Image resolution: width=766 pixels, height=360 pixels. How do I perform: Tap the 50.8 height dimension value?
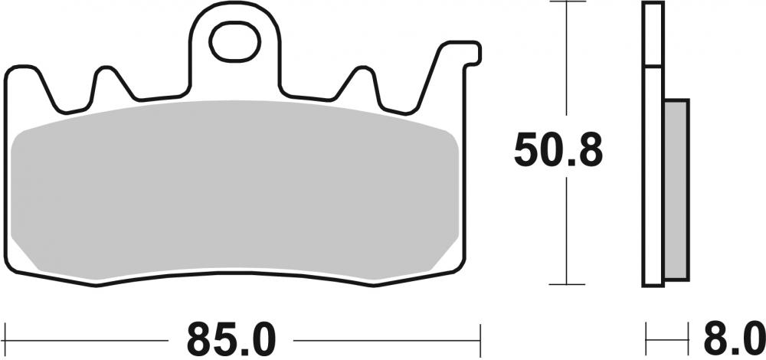(x=558, y=151)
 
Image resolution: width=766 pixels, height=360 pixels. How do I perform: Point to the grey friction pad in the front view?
(x=237, y=191)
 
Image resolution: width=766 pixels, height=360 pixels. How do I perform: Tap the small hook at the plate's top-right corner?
(x=474, y=54)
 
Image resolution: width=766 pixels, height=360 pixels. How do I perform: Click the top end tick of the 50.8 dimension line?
(x=565, y=3)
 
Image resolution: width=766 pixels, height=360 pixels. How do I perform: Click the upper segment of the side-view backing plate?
(x=653, y=34)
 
